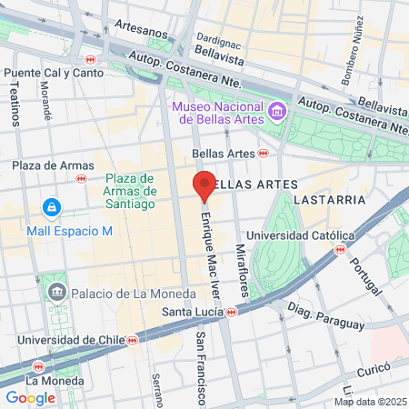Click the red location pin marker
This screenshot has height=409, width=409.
point(204,185)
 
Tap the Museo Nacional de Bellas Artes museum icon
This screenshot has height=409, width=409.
point(277,114)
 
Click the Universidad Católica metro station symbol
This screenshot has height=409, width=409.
point(340,248)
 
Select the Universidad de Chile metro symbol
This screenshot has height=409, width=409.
point(133,340)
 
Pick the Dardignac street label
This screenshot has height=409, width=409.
point(218,39)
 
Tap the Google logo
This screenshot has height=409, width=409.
point(30,397)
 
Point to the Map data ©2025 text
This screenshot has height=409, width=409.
point(368,402)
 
